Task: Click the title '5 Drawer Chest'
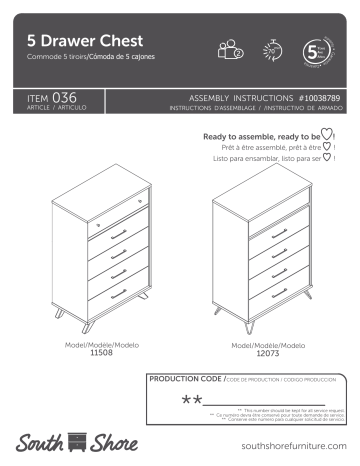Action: (85, 41)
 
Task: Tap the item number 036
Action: (62, 97)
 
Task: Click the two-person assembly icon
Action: (229, 49)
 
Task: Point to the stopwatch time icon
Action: (273, 49)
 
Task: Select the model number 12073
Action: (252, 353)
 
